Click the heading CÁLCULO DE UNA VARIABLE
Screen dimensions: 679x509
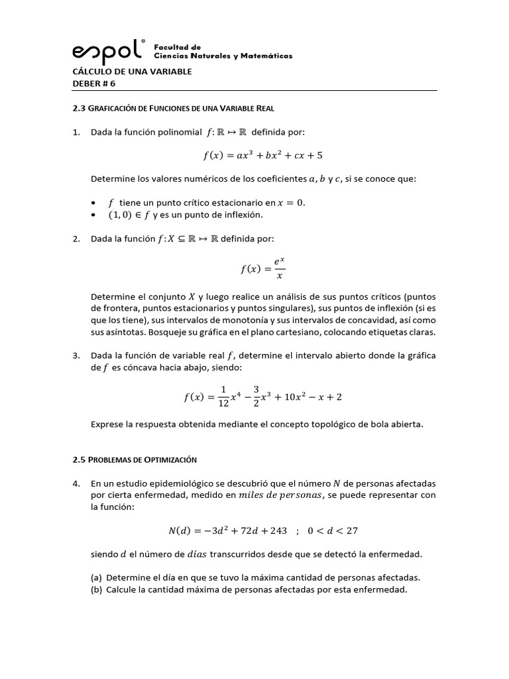pyautogui.click(x=131, y=71)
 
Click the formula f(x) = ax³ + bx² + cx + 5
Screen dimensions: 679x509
pyautogui.click(x=263, y=156)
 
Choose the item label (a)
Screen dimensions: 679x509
pyautogui.click(x=97, y=577)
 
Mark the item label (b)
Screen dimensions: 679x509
pyautogui.click(x=97, y=589)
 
